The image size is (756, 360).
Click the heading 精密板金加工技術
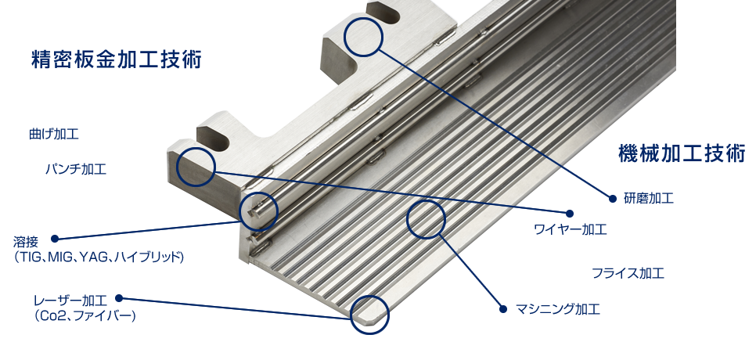[x=116, y=59]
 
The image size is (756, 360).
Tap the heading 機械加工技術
[x=682, y=153]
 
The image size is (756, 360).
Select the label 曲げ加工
[x=53, y=134]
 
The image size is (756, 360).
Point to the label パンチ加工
[x=76, y=169]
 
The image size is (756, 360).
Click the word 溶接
[x=26, y=241]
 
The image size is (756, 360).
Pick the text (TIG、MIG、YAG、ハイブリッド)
[x=99, y=257]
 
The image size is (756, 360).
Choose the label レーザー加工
[x=70, y=301]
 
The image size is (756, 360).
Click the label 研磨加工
[x=649, y=198]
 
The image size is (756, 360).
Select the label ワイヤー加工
[x=571, y=229]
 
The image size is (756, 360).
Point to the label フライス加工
[x=628, y=273]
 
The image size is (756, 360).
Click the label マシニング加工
[x=558, y=309]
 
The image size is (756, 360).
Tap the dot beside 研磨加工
[x=613, y=198]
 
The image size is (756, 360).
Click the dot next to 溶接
[x=55, y=239]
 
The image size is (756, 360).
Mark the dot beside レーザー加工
[x=119, y=299]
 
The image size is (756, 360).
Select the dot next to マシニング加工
[x=503, y=309]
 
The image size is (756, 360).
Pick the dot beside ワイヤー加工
[x=570, y=214]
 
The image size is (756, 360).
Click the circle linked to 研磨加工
[x=364, y=18]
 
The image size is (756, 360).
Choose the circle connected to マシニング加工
[x=427, y=200]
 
